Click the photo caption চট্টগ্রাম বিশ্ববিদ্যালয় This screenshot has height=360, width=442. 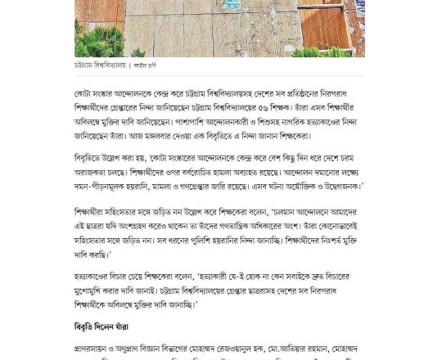click(x=100, y=65)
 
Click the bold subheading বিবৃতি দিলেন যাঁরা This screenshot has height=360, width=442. click(x=101, y=327)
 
